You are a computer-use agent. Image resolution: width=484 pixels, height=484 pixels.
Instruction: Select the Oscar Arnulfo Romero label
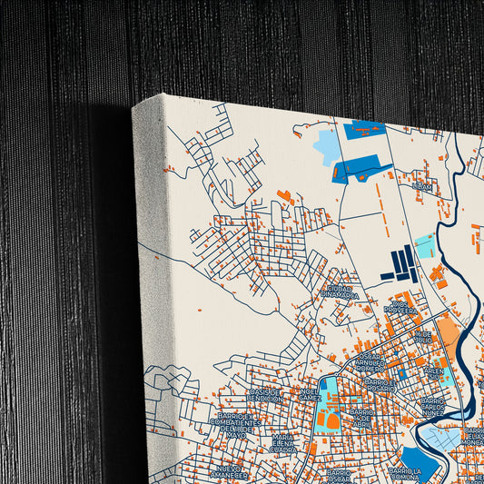click(370, 364)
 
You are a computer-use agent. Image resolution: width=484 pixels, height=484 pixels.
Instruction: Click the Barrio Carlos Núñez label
click(433, 405)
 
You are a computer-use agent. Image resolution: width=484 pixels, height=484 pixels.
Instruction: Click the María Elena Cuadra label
click(282, 443)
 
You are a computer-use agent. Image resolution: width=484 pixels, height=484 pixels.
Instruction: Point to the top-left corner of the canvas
click(133, 106)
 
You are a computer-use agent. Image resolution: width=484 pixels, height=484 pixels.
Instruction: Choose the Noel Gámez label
click(310, 396)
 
